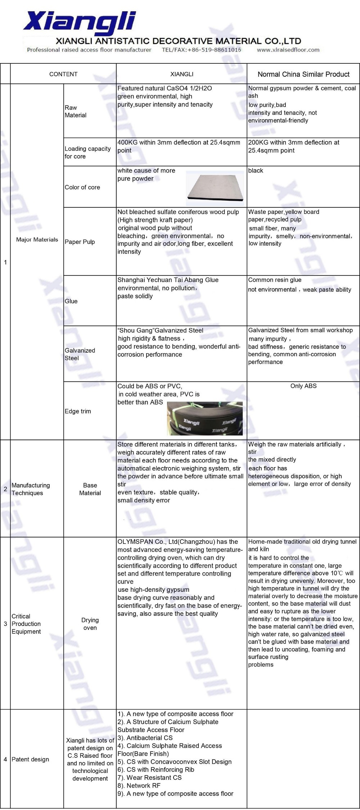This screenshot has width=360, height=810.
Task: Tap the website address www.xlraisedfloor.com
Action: (288, 50)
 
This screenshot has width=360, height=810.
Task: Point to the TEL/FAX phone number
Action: (202, 50)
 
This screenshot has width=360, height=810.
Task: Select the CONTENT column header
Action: (63, 74)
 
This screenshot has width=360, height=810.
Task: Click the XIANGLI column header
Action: (181, 74)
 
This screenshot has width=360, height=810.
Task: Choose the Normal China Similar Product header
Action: (303, 74)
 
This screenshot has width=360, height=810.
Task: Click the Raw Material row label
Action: (76, 111)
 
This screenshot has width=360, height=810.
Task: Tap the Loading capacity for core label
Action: (87, 152)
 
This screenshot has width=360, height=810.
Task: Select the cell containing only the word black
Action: (256, 171)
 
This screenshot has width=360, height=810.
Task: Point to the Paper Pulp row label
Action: (80, 242)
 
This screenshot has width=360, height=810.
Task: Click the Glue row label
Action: (71, 301)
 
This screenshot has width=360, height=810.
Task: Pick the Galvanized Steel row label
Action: (80, 354)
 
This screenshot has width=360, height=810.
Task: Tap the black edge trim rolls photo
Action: (204, 418)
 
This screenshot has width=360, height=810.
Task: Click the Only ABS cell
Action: (303, 386)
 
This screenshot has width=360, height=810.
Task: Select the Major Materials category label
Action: (37, 240)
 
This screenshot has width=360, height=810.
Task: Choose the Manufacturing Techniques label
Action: (31, 489)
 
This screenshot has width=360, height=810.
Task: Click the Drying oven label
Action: (90, 624)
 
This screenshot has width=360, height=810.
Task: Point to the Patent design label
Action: (30, 759)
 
